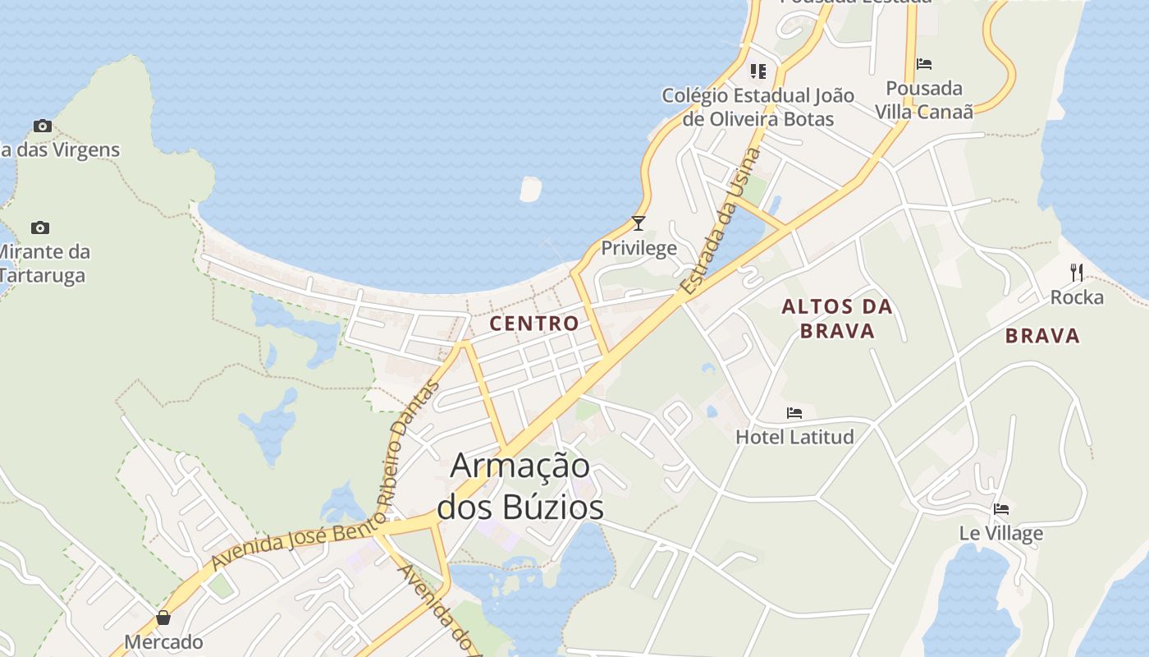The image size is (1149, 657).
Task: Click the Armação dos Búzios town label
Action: point(520,486)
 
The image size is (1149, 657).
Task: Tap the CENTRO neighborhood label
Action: point(534,324)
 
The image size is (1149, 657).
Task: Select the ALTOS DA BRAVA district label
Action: point(836,319)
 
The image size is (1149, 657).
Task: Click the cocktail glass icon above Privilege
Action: point(639,223)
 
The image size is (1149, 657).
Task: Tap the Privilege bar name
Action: point(639,248)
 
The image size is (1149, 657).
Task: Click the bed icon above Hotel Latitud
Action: point(794,413)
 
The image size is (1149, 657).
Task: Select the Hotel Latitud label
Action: point(794,436)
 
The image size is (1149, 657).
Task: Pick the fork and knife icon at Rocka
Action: point(1077,273)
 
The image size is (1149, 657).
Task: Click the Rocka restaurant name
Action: point(1077,297)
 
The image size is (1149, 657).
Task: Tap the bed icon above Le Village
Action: point(1000,509)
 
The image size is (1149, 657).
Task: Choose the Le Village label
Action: point(1000,533)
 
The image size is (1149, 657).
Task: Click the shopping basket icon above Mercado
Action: point(163,618)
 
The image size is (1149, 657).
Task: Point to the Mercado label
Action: point(163,641)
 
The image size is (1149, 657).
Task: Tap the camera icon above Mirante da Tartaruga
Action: point(39,227)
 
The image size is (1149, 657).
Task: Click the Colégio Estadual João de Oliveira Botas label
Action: point(758,108)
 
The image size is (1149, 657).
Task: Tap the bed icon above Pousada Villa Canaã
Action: point(924,64)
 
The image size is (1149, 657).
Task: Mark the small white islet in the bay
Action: point(530,189)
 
